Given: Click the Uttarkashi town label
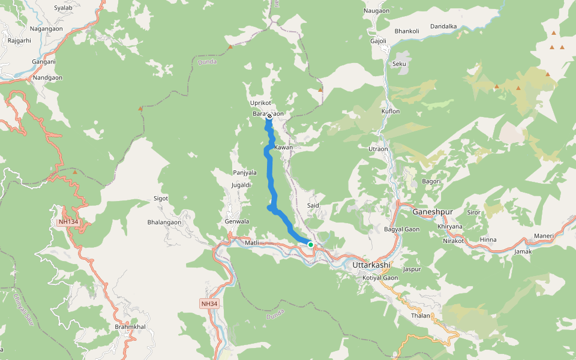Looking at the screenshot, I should point(371,265).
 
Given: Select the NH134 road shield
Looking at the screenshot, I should point(68,222).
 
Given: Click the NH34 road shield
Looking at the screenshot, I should point(209,304).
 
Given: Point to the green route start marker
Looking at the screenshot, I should point(311,244).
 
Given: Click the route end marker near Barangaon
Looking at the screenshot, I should point(268,116).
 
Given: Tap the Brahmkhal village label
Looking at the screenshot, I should point(130,327).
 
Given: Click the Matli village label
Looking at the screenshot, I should point(252,242).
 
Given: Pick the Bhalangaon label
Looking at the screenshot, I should point(164,222).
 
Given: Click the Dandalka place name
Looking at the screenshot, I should point(444,26).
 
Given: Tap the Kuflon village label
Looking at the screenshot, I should point(390,112).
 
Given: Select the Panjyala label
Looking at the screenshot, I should point(245,172).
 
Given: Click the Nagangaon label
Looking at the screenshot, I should point(46,28).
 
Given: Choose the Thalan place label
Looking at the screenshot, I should point(421,316).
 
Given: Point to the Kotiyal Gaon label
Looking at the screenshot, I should point(380,278).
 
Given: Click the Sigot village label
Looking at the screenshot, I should point(161,197).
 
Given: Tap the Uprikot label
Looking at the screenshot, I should point(261,103).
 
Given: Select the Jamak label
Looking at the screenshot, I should point(523,251).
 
